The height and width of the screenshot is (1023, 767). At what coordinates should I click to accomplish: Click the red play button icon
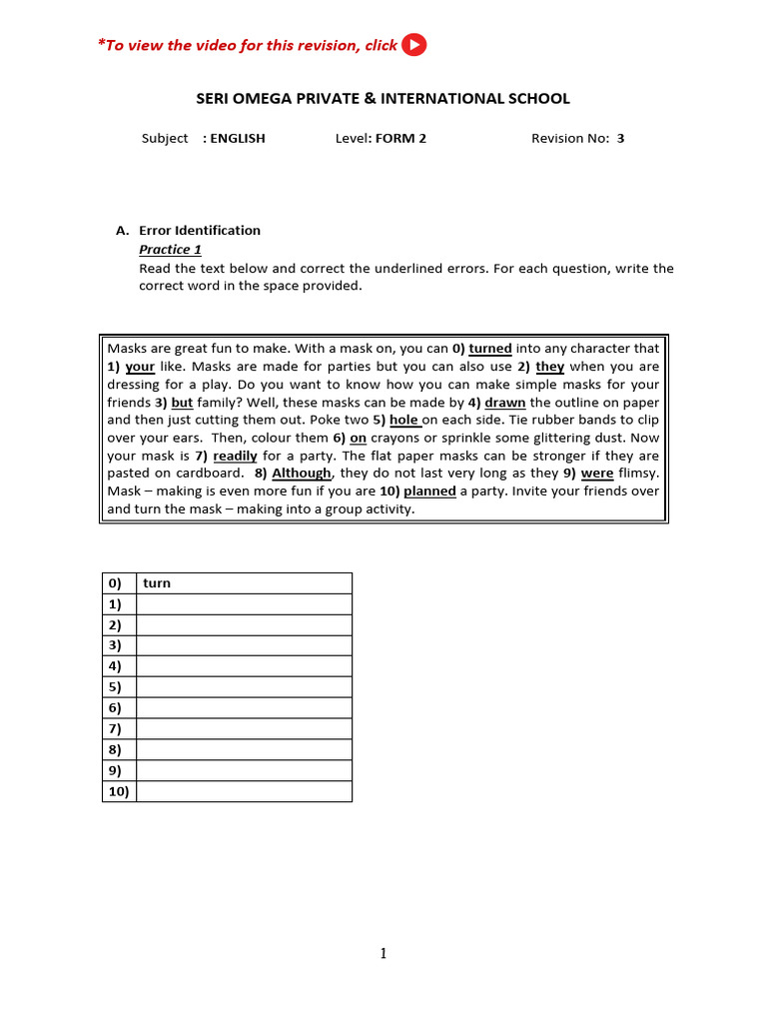coord(413,45)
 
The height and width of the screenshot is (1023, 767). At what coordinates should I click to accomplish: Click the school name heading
coord(382,98)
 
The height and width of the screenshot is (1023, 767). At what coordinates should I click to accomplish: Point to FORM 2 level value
coord(400,139)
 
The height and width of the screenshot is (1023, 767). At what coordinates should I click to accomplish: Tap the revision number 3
coord(620,139)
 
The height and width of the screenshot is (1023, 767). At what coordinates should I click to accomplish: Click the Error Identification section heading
coord(199,230)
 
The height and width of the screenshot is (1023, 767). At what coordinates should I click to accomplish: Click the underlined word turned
coord(490,349)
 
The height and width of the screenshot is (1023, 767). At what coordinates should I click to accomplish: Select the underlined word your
coord(140,367)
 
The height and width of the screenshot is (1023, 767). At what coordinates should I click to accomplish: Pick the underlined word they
coord(550,367)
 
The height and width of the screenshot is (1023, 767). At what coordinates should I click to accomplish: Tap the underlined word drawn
coord(505,403)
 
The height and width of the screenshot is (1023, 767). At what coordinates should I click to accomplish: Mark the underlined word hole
coord(403,421)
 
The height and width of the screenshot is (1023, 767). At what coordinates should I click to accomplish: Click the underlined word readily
coord(235,456)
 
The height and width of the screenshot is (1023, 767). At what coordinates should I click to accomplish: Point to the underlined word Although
coord(302,474)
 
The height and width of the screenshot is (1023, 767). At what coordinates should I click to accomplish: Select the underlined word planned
coord(429,492)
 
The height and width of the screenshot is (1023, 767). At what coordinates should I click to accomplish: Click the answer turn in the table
coord(157,583)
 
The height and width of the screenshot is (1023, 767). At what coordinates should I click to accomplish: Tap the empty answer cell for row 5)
coord(244,687)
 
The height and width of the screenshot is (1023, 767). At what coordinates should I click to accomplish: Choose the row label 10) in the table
coord(119,791)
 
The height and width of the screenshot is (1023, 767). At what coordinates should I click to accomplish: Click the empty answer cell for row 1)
coord(244,604)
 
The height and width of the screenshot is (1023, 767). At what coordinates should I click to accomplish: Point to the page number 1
coord(383,954)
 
